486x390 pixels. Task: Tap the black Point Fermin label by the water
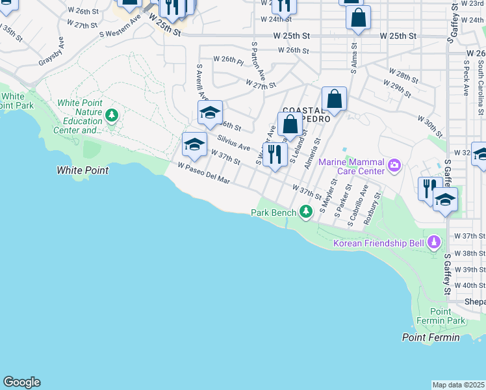click(x=430, y=337)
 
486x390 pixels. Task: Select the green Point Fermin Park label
click(x=447, y=317)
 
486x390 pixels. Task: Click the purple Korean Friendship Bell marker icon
click(x=434, y=243)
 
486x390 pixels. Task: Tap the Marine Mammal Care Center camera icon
click(x=394, y=166)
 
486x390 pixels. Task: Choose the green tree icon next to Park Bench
click(x=306, y=212)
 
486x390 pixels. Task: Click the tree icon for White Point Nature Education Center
click(x=112, y=116)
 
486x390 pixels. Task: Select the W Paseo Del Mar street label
click(x=205, y=173)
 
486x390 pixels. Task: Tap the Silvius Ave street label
click(x=234, y=143)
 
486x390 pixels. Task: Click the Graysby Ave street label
click(x=51, y=51)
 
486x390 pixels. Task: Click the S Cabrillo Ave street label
click(x=358, y=205)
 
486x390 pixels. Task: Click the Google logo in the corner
click(x=21, y=382)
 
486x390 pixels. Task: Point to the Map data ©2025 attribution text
click(x=459, y=385)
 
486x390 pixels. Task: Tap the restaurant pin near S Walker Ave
click(x=275, y=155)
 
